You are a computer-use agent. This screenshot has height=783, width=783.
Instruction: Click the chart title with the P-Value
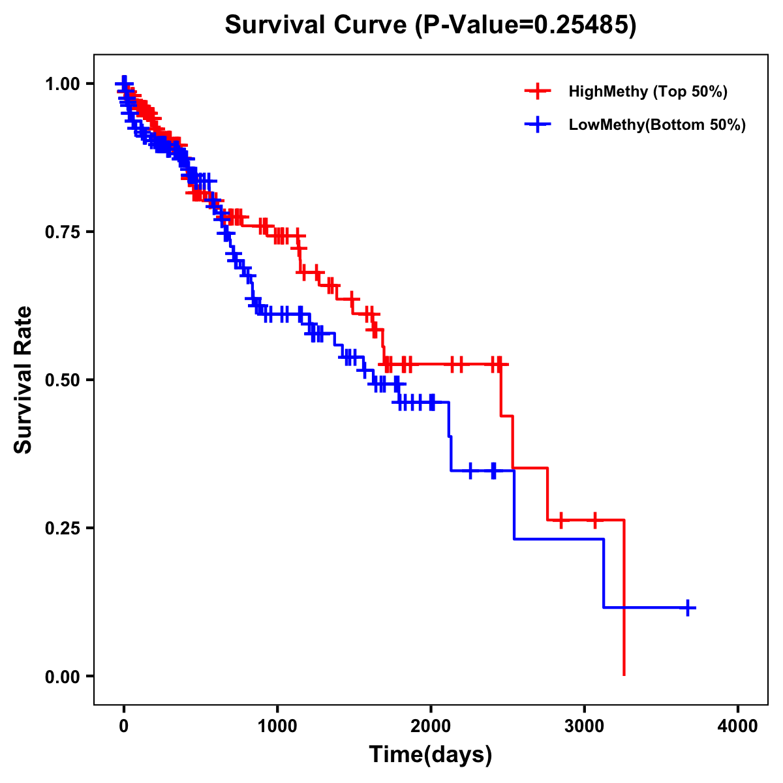430,25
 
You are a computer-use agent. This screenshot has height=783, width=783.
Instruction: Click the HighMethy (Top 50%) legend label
647,91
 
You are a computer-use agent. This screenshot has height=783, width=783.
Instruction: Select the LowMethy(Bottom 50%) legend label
656,125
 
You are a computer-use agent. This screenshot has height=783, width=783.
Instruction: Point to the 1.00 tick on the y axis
62,84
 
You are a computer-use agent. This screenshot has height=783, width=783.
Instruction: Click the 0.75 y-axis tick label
62,232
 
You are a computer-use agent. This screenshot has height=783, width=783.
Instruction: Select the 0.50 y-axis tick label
62,380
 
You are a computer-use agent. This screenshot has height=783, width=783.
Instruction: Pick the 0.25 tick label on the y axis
62,529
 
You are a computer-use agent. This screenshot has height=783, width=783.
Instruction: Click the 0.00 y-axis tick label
62,677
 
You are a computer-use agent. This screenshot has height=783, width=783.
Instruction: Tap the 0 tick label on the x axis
123,726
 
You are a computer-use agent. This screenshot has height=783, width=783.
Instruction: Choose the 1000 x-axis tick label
277,726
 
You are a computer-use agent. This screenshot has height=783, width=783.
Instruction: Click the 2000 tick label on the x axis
431,726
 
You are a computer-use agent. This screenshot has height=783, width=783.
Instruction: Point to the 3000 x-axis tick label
585,726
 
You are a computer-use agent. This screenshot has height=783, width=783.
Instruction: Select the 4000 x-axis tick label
738,726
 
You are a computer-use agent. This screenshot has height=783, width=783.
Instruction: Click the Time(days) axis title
431,755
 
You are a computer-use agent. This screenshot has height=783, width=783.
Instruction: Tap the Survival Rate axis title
23,380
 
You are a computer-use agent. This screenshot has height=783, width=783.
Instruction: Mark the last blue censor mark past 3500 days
687,607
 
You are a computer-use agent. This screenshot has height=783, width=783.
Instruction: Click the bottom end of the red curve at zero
624,674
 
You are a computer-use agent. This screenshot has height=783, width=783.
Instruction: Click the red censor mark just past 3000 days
594,520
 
